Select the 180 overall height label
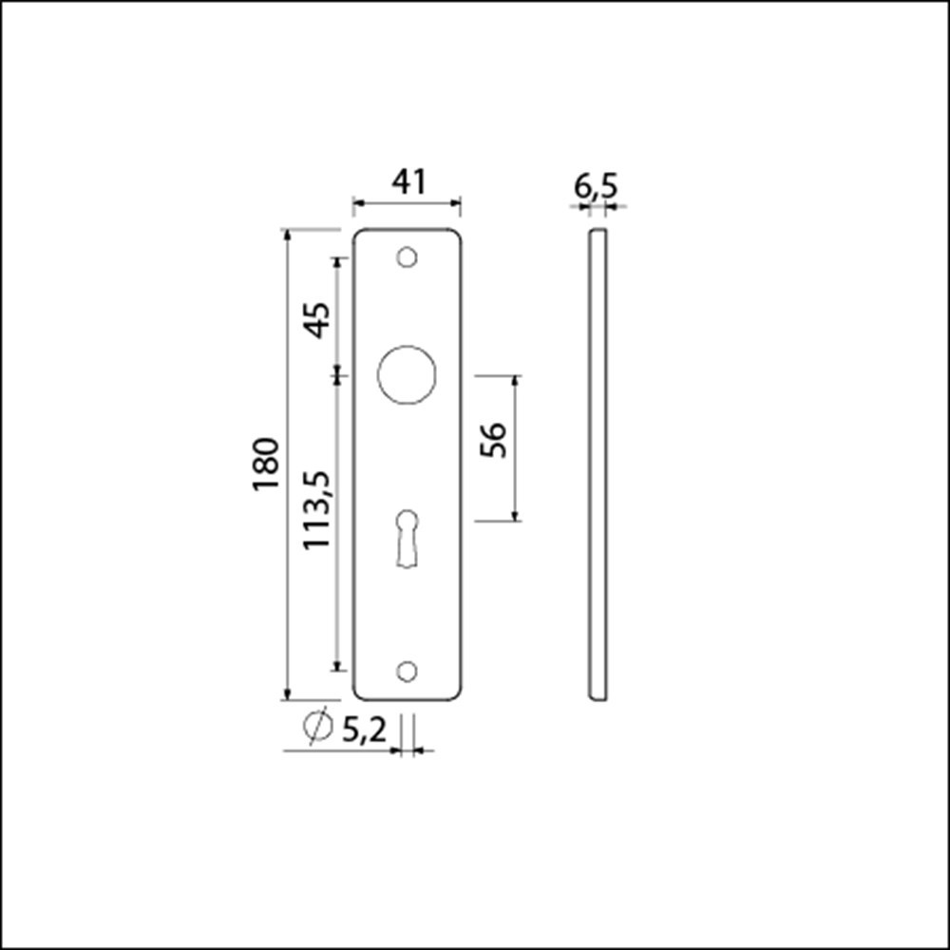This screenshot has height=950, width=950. pos(266,464)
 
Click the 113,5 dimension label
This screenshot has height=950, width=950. pos(316,510)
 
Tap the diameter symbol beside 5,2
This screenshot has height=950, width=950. pos(316,727)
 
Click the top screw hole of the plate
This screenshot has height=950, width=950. pos(407,257)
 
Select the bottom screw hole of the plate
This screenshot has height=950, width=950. pos(407,671)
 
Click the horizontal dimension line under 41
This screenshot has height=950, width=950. pos(407,202)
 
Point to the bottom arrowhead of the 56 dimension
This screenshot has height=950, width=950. pos(516,515)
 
